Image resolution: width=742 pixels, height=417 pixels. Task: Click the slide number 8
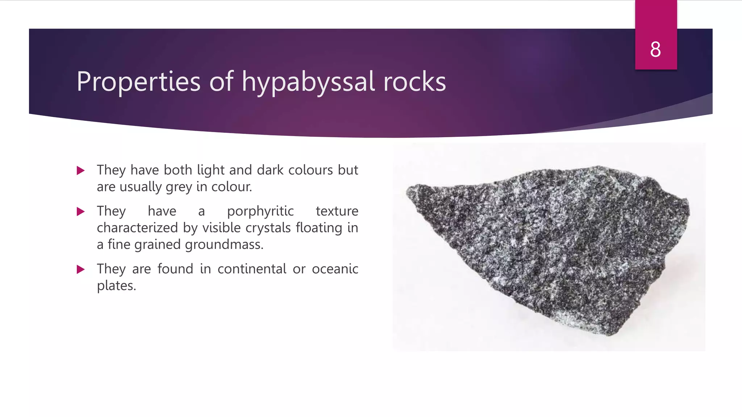(655, 50)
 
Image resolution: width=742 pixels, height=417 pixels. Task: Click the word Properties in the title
(138, 82)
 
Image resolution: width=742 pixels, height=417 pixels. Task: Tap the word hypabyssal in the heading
(308, 82)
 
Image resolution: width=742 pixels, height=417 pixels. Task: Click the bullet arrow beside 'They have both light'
(81, 170)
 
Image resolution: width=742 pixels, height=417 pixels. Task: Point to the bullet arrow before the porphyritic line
(81, 212)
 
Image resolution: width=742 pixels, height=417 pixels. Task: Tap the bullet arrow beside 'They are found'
(81, 269)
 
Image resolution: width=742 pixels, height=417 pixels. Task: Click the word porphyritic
(260, 211)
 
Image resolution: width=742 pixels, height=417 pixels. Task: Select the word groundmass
(224, 245)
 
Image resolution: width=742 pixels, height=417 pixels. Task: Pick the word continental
(252, 269)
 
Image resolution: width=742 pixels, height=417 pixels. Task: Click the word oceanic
(335, 269)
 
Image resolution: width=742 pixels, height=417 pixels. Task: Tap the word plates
(116, 286)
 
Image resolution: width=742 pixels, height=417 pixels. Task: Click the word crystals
(268, 228)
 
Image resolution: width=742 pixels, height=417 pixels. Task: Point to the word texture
(337, 211)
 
